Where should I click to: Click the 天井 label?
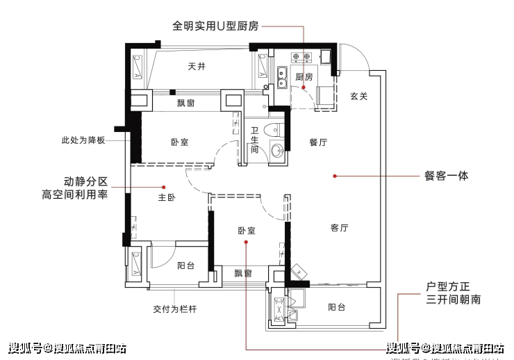click(x=197, y=67)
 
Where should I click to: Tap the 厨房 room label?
click(x=304, y=76)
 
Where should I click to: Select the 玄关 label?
click(x=358, y=96)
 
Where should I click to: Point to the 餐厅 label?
click(x=318, y=142)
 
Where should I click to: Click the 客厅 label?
click(x=339, y=228)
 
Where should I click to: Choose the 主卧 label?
click(x=166, y=197)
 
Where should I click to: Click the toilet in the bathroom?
click(x=277, y=129)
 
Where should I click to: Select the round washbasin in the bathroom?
click(x=277, y=151)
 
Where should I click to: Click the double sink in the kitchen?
click(x=283, y=77)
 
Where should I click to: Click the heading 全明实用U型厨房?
click(x=215, y=26)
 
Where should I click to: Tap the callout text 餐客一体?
click(x=446, y=176)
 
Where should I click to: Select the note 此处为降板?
click(x=83, y=140)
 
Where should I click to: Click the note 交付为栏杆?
click(x=174, y=309)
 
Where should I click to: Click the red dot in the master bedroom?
click(x=164, y=187)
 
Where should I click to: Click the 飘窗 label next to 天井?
click(x=185, y=103)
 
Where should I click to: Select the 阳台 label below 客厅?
click(x=337, y=307)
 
